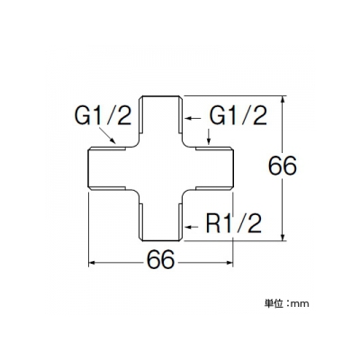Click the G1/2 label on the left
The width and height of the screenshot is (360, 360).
click(x=103, y=116)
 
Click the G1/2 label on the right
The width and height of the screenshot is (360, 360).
click(x=238, y=116)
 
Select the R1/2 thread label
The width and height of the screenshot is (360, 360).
click(x=234, y=223)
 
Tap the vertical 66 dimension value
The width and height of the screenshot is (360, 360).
click(x=283, y=166)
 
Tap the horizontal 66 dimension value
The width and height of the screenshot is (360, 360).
click(x=160, y=259)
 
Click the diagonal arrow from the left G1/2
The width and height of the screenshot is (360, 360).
click(x=107, y=135)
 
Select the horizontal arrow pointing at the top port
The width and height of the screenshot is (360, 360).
click(x=193, y=119)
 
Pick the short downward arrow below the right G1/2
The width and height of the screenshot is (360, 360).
click(x=209, y=137)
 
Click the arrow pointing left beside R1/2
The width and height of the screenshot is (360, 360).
click(x=192, y=226)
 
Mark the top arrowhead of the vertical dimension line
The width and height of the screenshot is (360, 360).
click(x=283, y=99)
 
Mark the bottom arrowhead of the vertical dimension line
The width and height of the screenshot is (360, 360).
click(x=283, y=237)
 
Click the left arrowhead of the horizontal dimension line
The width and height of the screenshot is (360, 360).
click(x=92, y=263)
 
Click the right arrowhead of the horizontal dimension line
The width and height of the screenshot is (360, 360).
click(x=229, y=263)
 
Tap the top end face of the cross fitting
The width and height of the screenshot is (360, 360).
click(x=161, y=96)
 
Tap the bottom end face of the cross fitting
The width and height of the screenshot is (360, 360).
click(x=161, y=240)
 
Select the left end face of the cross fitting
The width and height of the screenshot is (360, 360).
click(x=88, y=168)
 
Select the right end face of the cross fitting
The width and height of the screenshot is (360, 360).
click(x=233, y=168)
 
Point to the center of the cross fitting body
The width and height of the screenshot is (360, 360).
click(x=161, y=168)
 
